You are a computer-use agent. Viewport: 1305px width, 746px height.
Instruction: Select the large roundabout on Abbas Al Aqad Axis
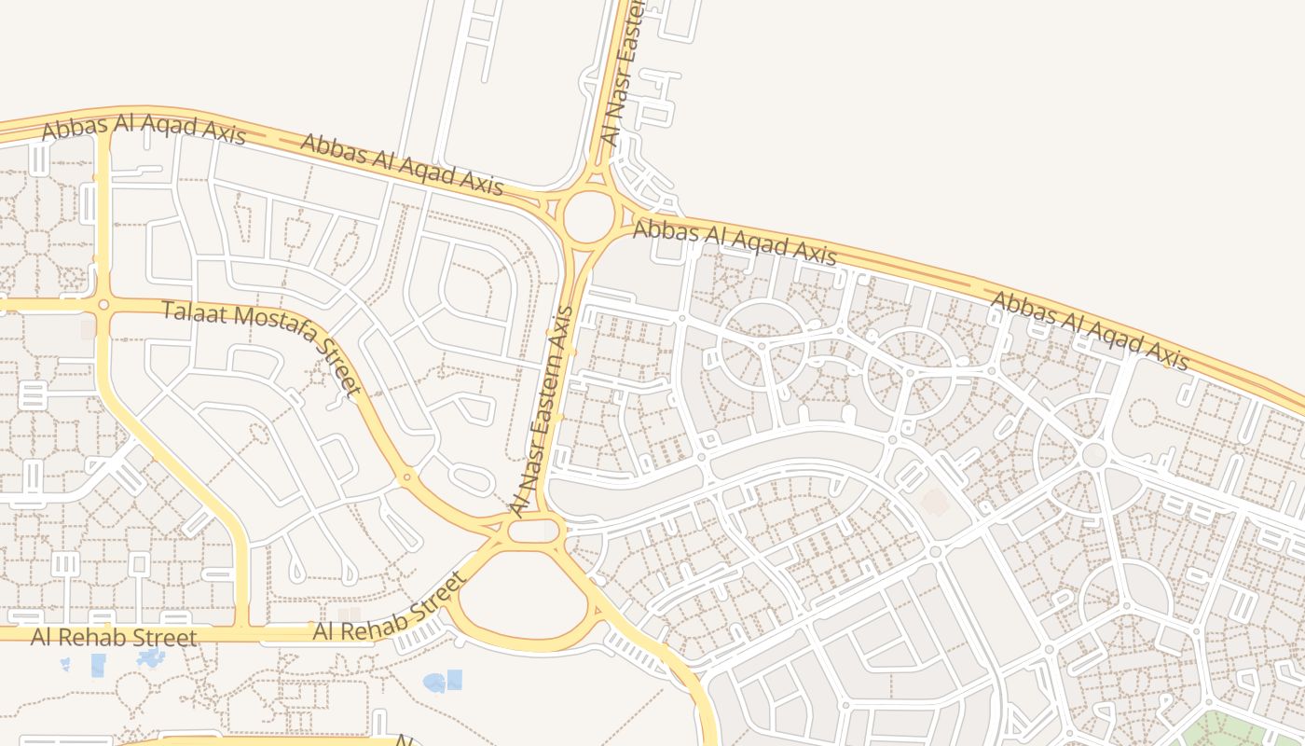tap(589, 216)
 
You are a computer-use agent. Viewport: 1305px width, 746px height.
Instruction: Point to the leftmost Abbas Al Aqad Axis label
tap(144, 131)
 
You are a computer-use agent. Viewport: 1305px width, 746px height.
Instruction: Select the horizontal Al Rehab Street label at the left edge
tap(114, 638)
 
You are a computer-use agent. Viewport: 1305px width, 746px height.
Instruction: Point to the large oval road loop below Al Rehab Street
tap(524, 597)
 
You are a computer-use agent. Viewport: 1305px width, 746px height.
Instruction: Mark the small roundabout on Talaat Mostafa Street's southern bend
tap(406, 477)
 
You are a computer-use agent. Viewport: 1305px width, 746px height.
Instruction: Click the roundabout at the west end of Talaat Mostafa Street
tap(103, 304)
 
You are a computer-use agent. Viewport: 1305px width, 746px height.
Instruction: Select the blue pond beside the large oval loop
tap(442, 682)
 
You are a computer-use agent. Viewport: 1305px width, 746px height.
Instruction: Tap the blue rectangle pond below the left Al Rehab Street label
tap(98, 665)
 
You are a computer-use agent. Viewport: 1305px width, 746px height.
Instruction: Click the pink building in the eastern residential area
tap(934, 503)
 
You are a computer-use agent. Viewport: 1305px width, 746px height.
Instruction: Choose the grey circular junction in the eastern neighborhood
tap(1094, 455)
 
